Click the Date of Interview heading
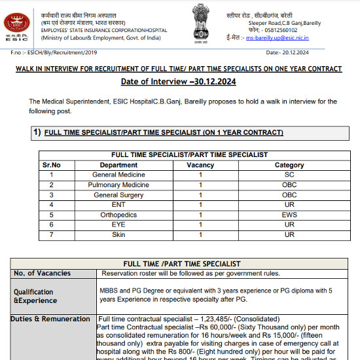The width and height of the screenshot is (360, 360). click(179, 82)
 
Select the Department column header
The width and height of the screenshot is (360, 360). click(118, 166)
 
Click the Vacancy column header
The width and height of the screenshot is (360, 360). click(200, 166)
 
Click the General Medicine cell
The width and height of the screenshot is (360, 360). click(118, 175)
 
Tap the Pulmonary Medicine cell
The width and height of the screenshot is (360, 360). click(118, 185)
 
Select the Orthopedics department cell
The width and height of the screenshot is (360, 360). click(118, 215)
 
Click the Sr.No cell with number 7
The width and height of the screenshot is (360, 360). click(51, 234)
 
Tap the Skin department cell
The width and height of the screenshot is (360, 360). click(118, 234)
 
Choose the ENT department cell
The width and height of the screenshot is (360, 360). click(118, 205)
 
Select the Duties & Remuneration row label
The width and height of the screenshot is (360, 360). click(50, 319)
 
